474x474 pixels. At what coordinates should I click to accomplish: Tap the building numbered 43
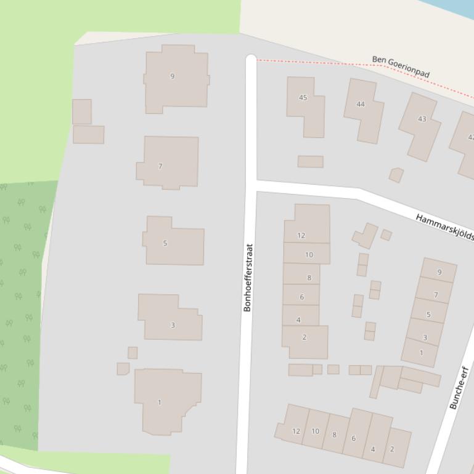click(420, 123)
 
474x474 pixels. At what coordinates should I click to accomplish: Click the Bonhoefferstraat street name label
click(248, 278)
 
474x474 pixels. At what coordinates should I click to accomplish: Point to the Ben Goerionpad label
click(401, 66)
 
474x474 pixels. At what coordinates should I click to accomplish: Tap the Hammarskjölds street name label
click(444, 227)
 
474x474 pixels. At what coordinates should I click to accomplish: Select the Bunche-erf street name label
click(459, 388)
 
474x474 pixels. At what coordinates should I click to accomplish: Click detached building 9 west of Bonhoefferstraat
click(176, 77)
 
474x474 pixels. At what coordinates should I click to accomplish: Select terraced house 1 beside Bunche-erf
click(420, 353)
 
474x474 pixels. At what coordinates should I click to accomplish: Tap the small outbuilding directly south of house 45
click(310, 161)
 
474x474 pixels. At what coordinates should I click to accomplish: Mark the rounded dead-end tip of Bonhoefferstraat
click(251, 59)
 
